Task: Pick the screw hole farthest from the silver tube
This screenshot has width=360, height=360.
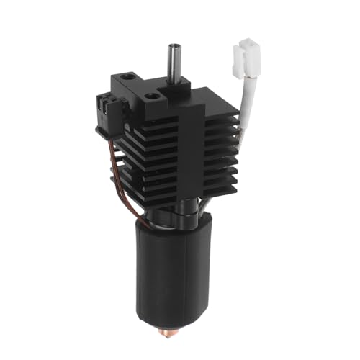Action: [x=129, y=74]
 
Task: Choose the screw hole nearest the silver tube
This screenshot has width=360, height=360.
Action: [x=153, y=94]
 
